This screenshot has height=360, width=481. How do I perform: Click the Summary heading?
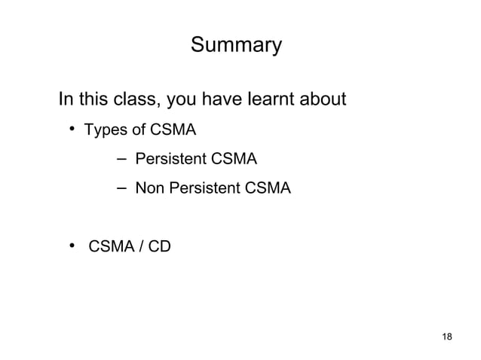236,47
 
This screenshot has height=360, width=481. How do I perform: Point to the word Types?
105,131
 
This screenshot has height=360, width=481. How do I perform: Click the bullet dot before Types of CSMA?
75,131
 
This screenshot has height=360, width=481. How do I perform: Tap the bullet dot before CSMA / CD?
75,244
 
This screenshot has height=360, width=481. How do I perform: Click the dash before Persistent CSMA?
122,158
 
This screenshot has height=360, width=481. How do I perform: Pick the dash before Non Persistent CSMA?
122,188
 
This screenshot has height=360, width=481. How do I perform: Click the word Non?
149,188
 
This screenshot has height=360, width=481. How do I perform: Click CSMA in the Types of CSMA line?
173,131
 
